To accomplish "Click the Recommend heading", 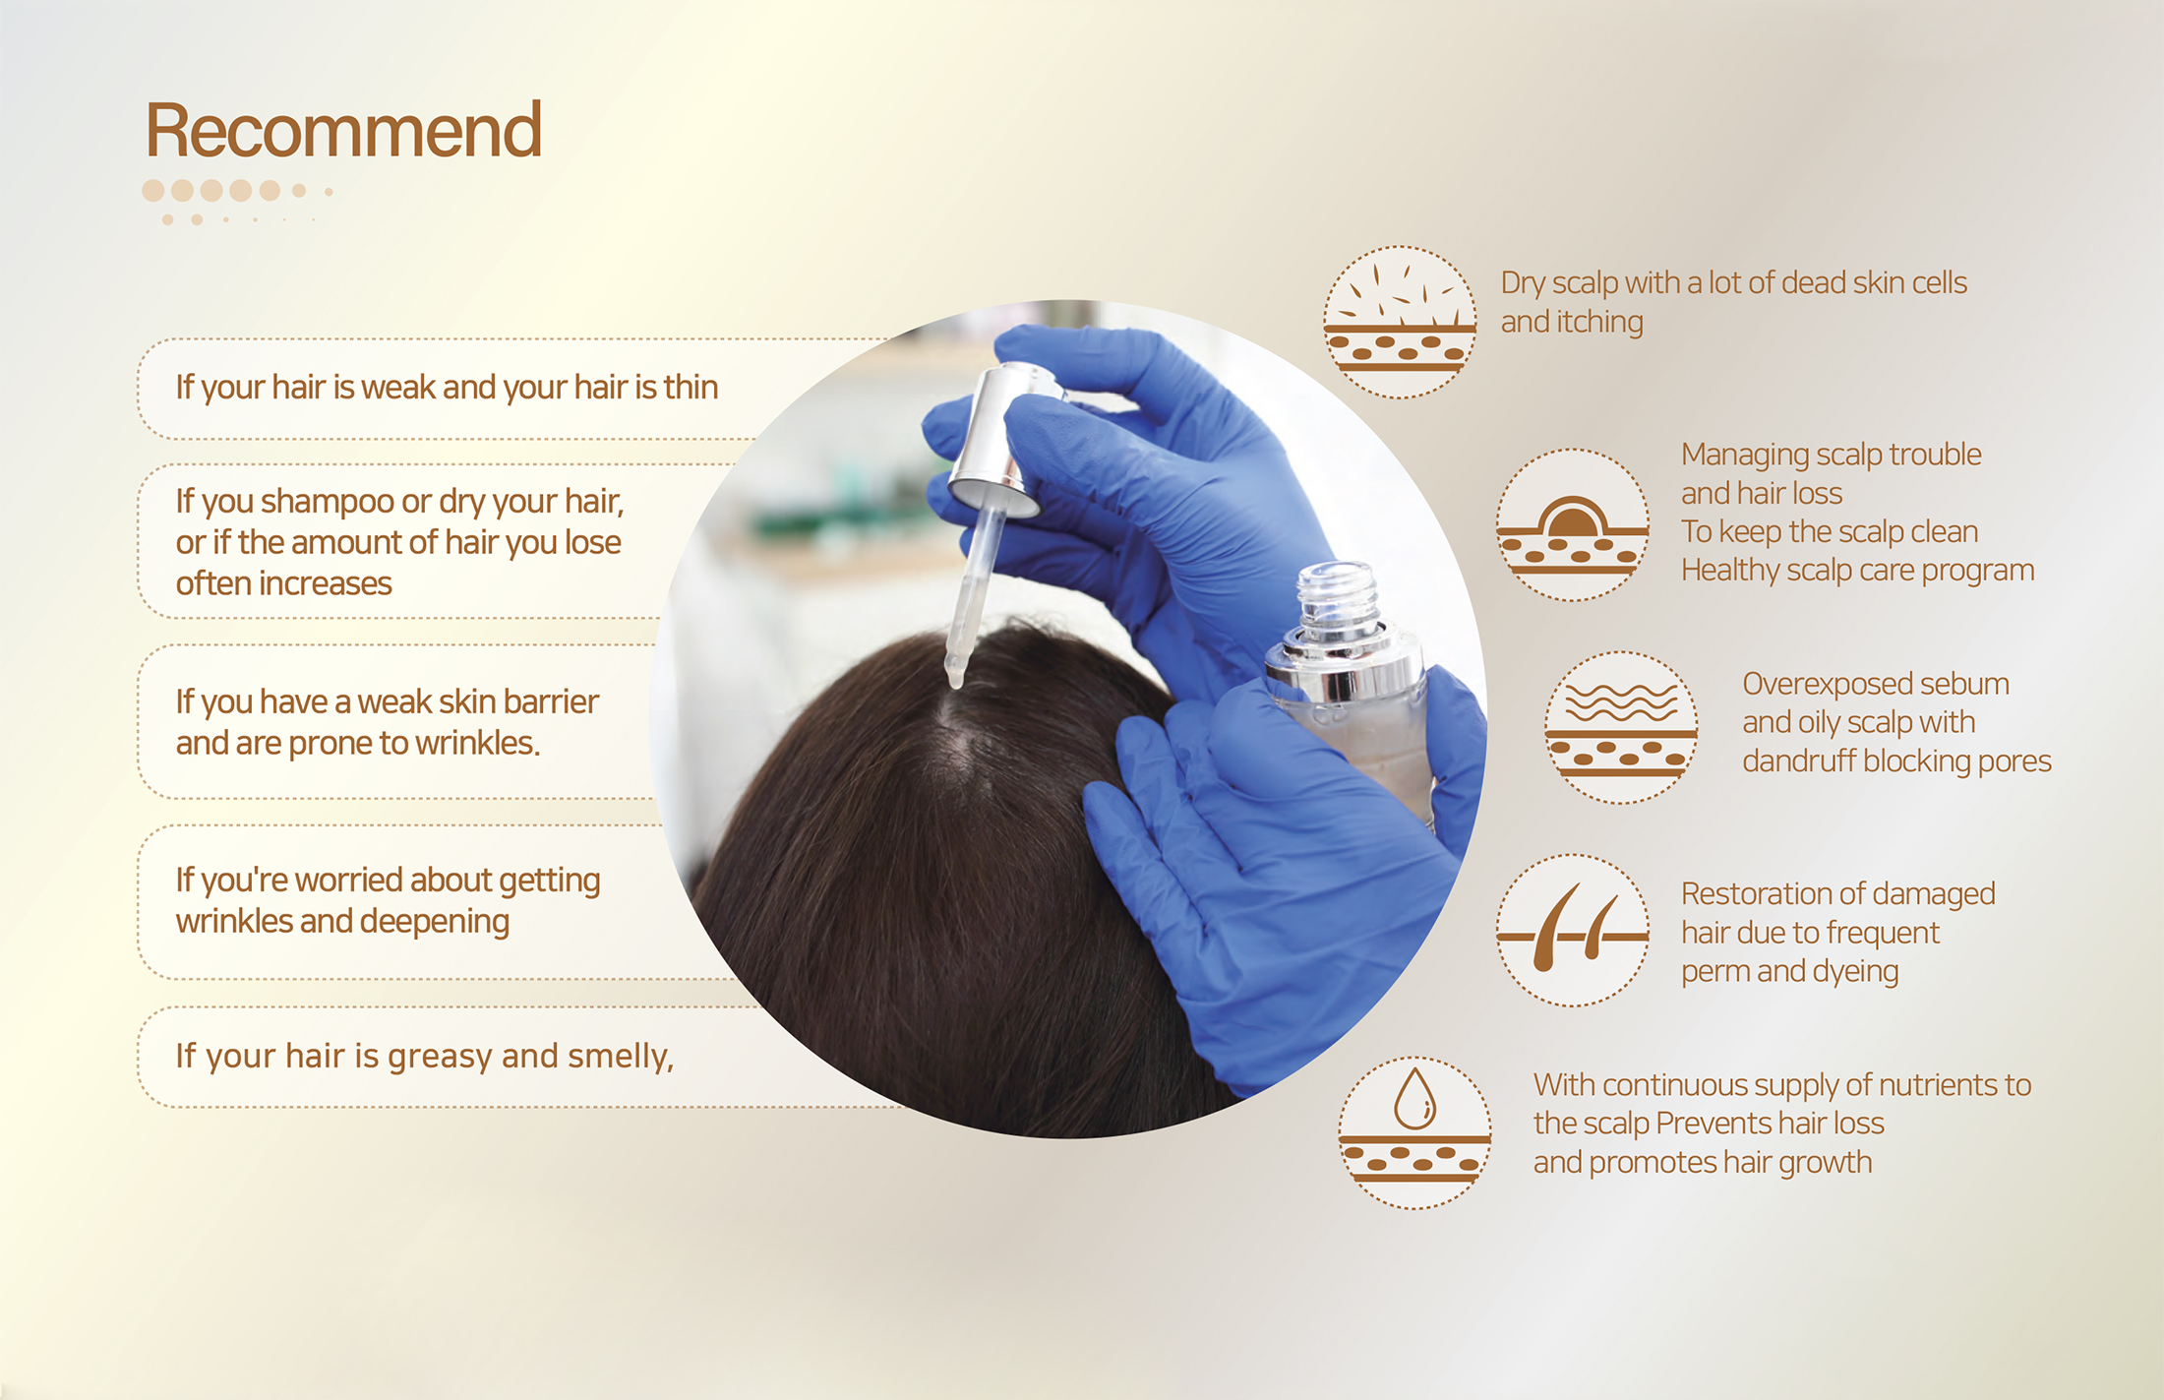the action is point(343,131).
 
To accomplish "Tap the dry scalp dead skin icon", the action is point(1400,322).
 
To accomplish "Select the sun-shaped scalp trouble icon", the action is point(1573,524).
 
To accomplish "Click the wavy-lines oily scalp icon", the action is point(1621,727).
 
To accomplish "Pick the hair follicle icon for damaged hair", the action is point(1573,930).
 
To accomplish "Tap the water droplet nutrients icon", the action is point(1414,1132).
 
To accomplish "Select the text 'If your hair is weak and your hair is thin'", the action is point(447,388).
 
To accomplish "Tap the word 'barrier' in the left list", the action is point(549,701).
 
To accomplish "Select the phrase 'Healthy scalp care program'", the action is point(1857,571).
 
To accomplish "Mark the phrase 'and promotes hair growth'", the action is point(1703,1163).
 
